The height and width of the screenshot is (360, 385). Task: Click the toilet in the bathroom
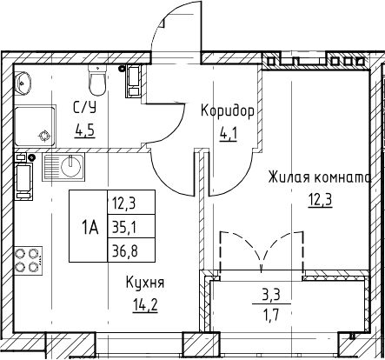[x=97, y=80]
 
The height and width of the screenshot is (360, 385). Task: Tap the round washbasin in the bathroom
[x=23, y=83]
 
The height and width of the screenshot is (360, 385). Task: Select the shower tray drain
[x=44, y=137]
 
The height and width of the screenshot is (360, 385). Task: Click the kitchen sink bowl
[x=71, y=166]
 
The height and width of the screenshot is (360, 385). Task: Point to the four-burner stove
[x=29, y=261]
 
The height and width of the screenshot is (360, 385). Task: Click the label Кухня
[x=145, y=283]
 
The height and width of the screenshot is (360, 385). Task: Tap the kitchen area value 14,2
[x=145, y=305]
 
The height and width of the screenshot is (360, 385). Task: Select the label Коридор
[x=228, y=111]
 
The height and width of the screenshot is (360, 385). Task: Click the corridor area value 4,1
[x=229, y=135]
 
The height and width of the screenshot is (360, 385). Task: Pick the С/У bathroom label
[x=84, y=108]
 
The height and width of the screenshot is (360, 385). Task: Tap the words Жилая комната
[x=320, y=177]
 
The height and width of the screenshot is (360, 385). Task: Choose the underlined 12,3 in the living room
[x=320, y=200]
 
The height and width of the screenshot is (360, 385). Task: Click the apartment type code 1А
[x=90, y=228]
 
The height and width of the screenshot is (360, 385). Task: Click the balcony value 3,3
[x=271, y=297]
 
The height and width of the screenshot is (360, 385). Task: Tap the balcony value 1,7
[x=272, y=315]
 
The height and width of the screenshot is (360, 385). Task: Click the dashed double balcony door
[x=262, y=251]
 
